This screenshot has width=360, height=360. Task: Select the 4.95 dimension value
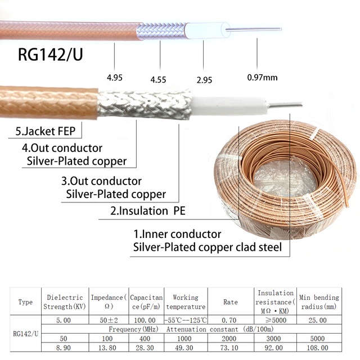(x=115, y=78)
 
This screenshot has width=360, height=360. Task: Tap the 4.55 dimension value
(x=158, y=80)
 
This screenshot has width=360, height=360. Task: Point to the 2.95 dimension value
(x=204, y=80)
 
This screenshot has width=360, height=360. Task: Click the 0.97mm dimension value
(x=263, y=78)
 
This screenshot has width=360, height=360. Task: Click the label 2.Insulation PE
(x=148, y=211)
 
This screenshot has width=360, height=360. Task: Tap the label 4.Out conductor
(x=62, y=148)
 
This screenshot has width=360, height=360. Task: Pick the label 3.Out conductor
(x=101, y=182)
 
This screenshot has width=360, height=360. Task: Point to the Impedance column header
(x=110, y=301)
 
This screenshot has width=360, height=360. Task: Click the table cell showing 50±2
(x=110, y=320)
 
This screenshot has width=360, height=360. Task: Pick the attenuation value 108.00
(x=318, y=349)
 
